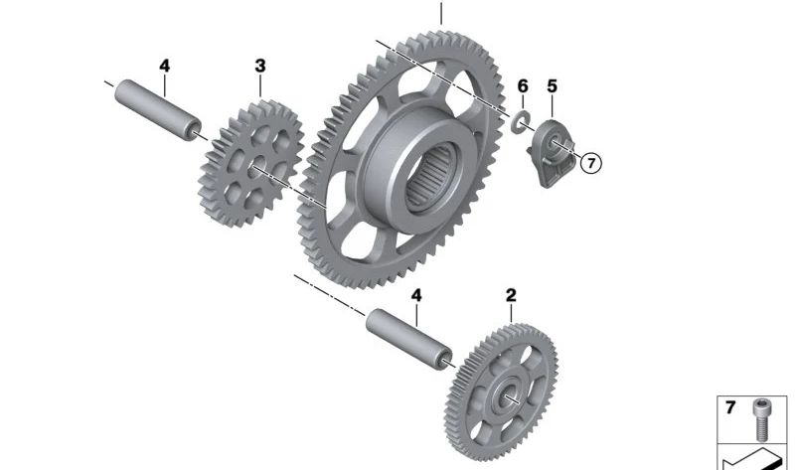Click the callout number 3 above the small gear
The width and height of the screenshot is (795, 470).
(260, 66)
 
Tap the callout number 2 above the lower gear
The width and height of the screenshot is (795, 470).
(511, 295)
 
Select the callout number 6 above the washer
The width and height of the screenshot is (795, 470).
(523, 86)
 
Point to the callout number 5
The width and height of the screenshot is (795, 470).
(553, 86)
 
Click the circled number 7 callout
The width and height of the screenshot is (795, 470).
(591, 163)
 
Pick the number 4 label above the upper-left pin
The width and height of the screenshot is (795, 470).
(165, 66)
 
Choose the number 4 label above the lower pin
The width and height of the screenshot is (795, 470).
(416, 295)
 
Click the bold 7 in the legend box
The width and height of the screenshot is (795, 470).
(730, 407)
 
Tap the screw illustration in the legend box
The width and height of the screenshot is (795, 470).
(760, 418)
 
